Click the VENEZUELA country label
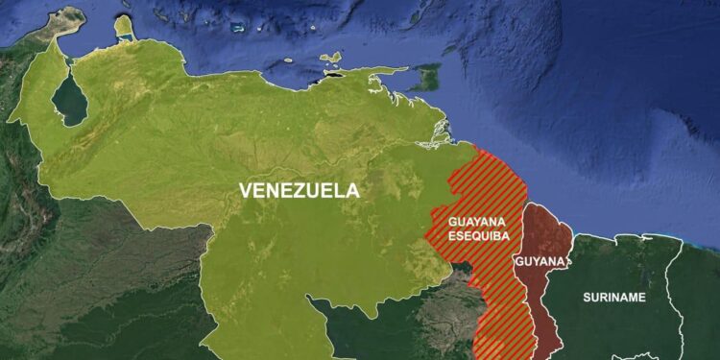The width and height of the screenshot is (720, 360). [300, 190]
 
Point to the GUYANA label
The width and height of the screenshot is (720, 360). [539, 261]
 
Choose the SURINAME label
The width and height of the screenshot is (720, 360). [614, 297]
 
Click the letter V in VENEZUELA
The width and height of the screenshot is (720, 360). [245, 190]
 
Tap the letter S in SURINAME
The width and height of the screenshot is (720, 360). [587, 297]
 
